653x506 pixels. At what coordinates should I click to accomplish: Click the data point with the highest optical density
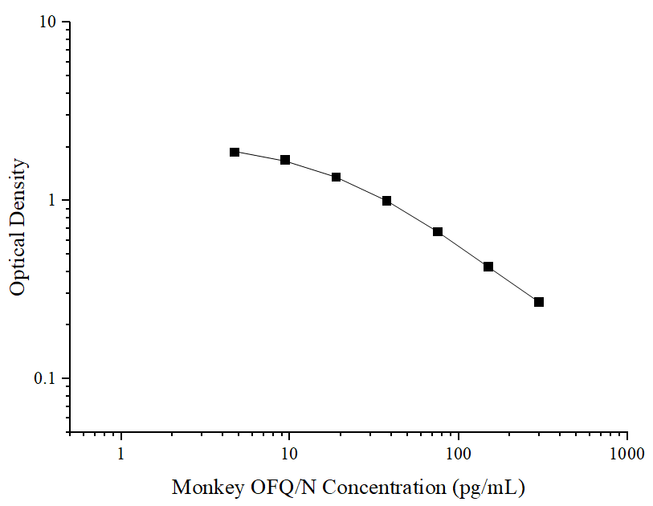(x=235, y=152)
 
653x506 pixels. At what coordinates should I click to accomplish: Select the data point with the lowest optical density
(x=539, y=302)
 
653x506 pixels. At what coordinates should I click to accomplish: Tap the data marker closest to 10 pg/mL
(x=285, y=160)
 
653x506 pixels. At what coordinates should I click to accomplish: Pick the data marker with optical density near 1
(x=386, y=201)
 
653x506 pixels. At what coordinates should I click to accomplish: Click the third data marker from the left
(x=336, y=177)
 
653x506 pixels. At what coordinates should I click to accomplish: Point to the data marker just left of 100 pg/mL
(x=438, y=232)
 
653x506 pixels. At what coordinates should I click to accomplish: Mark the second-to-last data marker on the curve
(x=488, y=267)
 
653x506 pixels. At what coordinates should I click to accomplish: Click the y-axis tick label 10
(x=49, y=22)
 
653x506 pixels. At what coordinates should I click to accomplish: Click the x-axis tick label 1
(x=121, y=454)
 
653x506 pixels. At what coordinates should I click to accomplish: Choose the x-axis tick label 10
(x=289, y=454)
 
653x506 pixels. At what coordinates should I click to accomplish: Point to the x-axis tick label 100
(x=459, y=454)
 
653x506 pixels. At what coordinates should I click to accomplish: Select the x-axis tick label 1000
(x=626, y=454)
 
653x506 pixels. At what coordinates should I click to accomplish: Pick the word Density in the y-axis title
(x=18, y=194)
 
